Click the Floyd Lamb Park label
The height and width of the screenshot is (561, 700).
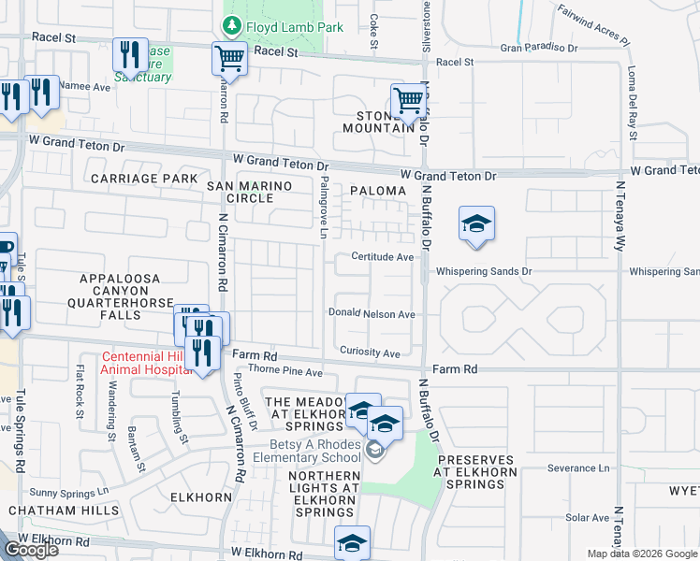[282, 27]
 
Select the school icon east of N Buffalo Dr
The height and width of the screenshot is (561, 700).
[476, 224]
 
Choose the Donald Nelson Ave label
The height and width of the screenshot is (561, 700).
[372, 314]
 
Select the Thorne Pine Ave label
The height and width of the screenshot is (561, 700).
[290, 372]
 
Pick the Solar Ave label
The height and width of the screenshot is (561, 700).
[588, 517]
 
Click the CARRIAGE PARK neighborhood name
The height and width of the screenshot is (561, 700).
[143, 178]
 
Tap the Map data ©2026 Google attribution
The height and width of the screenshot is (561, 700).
[642, 554]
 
